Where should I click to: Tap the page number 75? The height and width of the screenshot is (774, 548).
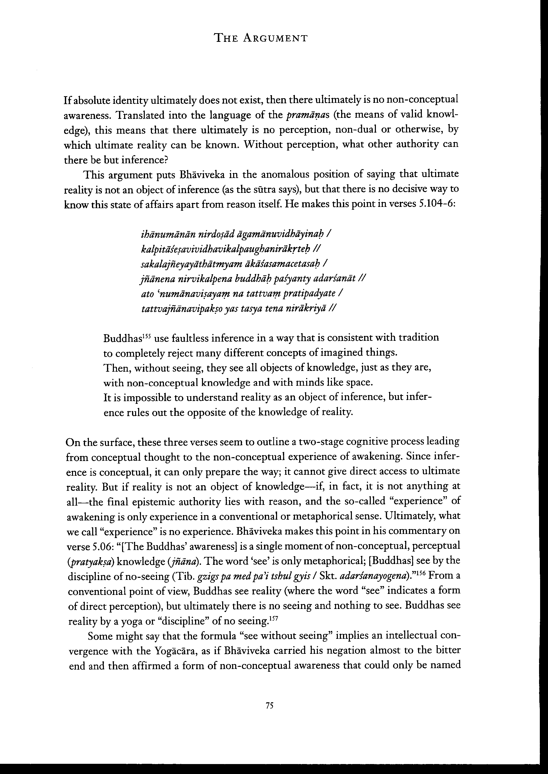click(x=269, y=706)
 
